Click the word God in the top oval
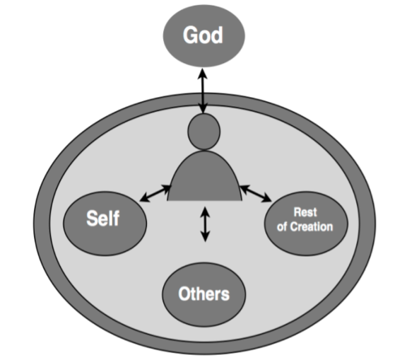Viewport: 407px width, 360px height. click(x=203, y=35)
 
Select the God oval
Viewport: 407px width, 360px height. click(x=204, y=35)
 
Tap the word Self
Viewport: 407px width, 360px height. click(x=102, y=218)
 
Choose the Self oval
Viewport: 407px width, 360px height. click(x=105, y=223)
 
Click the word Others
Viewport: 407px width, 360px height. click(x=204, y=294)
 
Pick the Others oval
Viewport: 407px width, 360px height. click(x=204, y=294)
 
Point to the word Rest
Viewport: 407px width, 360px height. click(x=305, y=212)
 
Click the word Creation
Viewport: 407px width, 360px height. click(x=312, y=227)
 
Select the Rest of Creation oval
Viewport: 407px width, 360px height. click(x=306, y=223)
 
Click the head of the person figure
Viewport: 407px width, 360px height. click(x=204, y=132)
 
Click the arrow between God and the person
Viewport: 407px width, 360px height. click(x=203, y=91)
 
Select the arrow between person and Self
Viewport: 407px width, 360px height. click(x=155, y=193)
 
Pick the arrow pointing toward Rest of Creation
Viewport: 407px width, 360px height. click(x=256, y=193)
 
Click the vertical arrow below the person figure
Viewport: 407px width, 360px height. click(x=206, y=224)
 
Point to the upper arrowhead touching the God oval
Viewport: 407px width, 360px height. click(x=203, y=74)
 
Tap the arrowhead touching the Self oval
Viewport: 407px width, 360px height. click(x=145, y=197)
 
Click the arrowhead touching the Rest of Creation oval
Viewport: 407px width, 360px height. click(x=266, y=197)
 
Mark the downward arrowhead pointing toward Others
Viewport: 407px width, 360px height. click(x=206, y=237)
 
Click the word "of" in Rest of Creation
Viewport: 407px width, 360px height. click(x=282, y=227)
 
